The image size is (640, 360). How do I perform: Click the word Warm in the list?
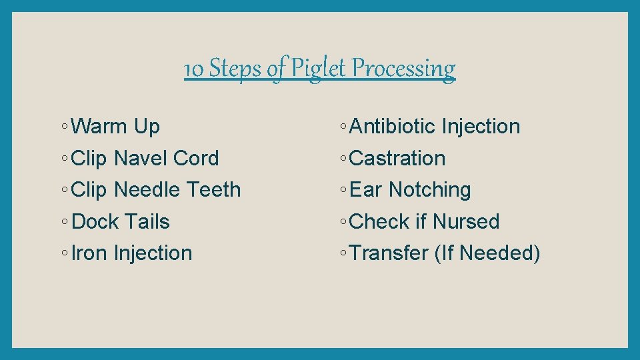(x=99, y=126)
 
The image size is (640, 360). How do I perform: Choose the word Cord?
(x=196, y=158)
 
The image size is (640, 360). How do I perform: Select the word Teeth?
(x=213, y=190)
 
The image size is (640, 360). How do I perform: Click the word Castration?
(x=397, y=158)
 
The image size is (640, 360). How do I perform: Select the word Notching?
(x=430, y=190)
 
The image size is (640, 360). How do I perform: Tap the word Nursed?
(x=466, y=221)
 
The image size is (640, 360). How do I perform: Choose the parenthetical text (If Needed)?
(x=487, y=253)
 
